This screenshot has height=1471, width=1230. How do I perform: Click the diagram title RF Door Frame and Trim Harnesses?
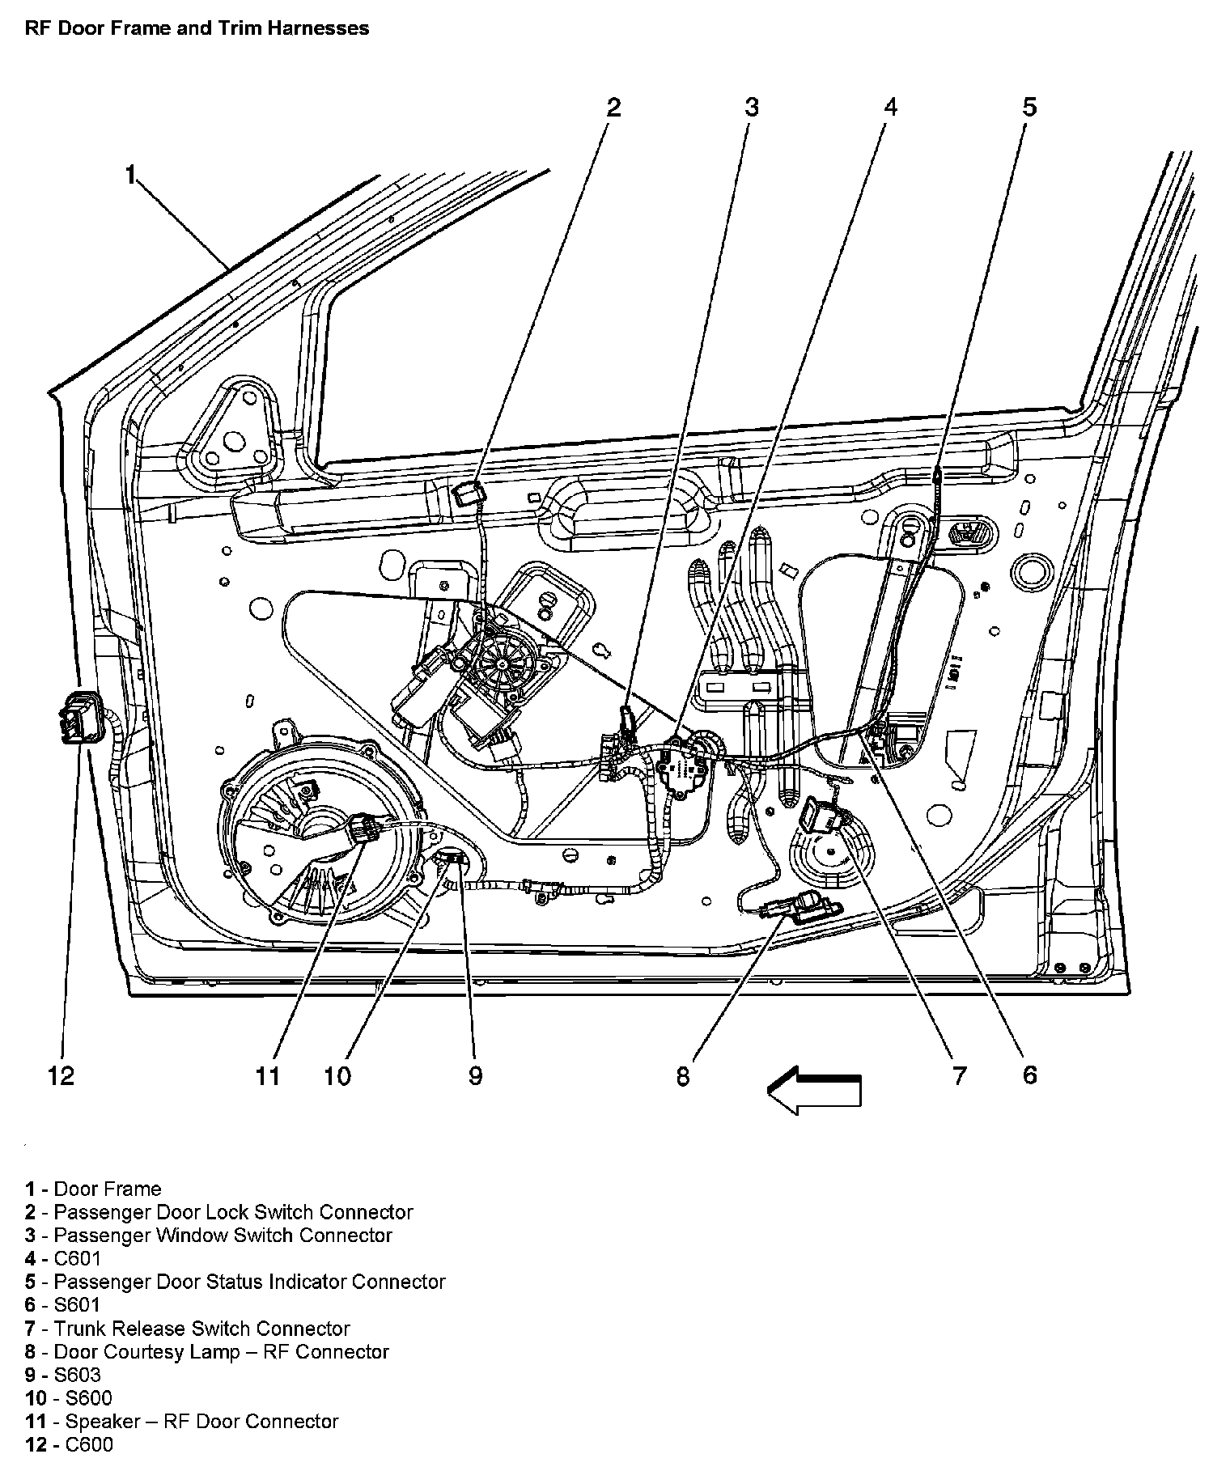[197, 28]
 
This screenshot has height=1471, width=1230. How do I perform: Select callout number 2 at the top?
[613, 107]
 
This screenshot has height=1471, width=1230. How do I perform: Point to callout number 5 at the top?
[1029, 107]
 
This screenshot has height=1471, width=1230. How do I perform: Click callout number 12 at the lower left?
[61, 1075]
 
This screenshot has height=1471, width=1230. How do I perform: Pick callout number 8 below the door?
[684, 1075]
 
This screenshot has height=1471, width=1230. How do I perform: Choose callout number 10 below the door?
[337, 1075]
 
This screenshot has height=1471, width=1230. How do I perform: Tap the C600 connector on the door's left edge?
[81, 715]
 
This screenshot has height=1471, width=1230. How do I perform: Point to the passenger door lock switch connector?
[467, 492]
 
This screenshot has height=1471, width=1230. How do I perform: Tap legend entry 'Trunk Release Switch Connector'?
[201, 1329]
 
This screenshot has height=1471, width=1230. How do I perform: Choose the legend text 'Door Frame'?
[108, 1189]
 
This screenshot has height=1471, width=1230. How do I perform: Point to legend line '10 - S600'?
[69, 1398]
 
